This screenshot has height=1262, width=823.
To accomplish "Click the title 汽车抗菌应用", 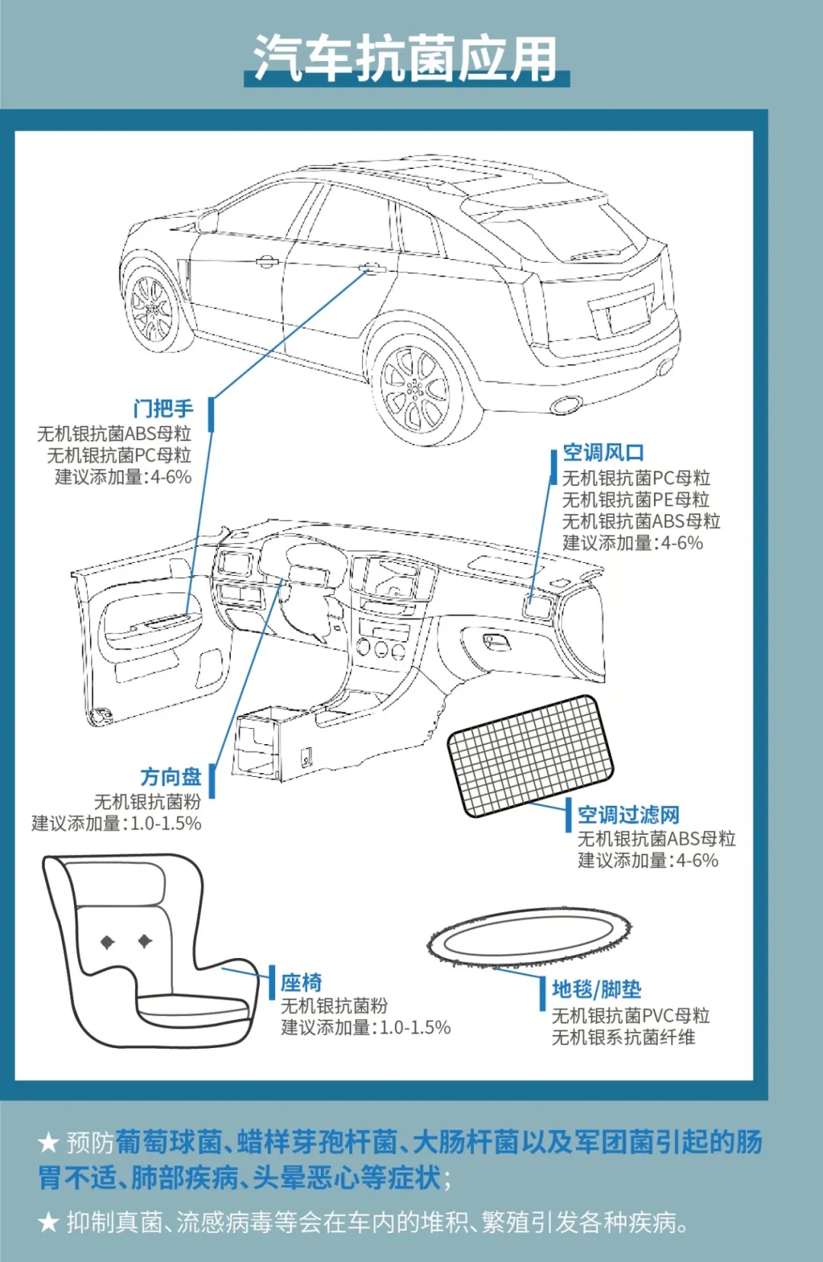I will (x=405, y=58).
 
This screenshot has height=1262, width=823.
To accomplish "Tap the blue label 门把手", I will (x=163, y=409).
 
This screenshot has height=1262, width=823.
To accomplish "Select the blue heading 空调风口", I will (x=603, y=453).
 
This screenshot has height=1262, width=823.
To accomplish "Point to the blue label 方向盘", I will (x=170, y=777).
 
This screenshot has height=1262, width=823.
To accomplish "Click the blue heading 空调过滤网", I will (x=628, y=815).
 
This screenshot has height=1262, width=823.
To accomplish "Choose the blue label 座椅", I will (x=301, y=982).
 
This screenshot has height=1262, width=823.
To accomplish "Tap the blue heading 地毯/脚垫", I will (x=596, y=989).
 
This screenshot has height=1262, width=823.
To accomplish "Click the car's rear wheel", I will (x=417, y=389).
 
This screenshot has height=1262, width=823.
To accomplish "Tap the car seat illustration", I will (x=145, y=952).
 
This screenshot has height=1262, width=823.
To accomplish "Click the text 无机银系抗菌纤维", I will (x=623, y=1037).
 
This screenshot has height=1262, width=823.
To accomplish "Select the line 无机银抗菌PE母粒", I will (x=636, y=500).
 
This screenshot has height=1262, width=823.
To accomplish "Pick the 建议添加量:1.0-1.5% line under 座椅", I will (x=366, y=1027).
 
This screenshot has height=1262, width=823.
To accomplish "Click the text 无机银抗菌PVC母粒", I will (x=630, y=1015).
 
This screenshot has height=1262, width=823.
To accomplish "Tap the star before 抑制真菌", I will (x=49, y=1222).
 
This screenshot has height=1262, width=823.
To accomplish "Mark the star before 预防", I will (x=49, y=1142).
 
